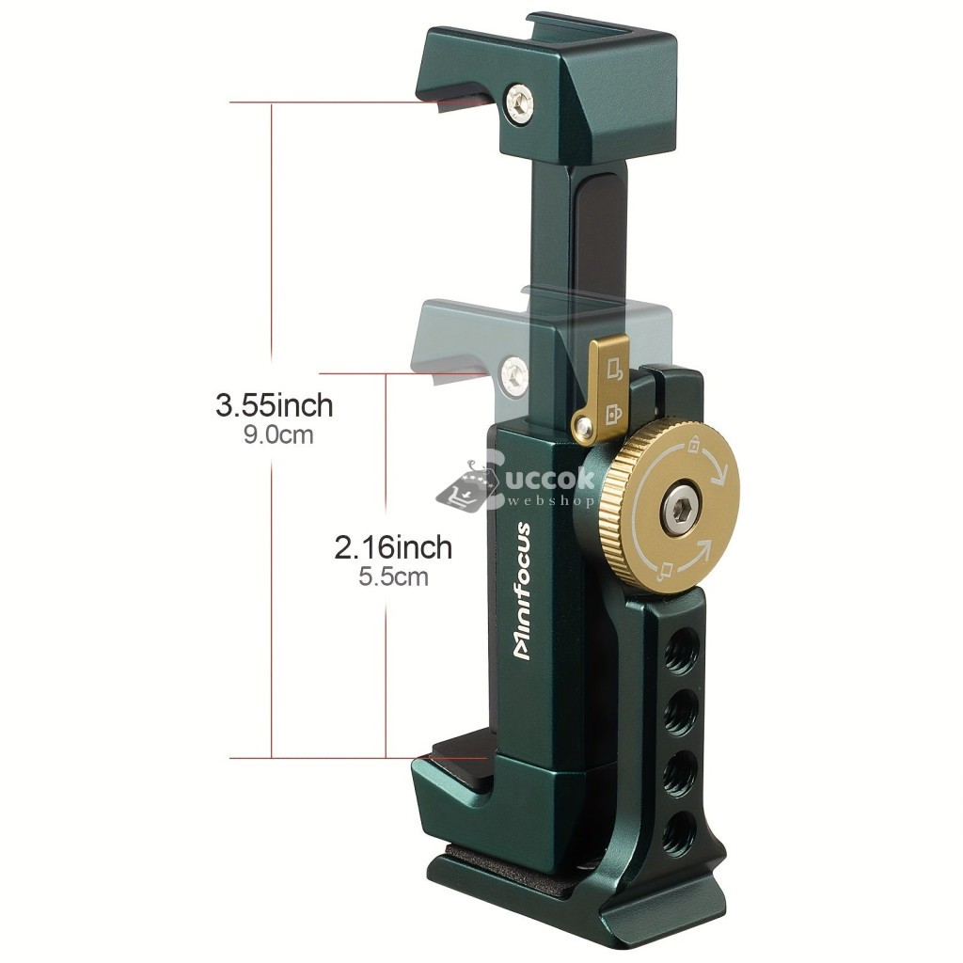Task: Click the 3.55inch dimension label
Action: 274,405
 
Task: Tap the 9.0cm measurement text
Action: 278,434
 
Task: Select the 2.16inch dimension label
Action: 393,547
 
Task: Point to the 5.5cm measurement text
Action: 393,576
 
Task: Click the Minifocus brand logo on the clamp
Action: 522,591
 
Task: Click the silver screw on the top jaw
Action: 519,103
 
